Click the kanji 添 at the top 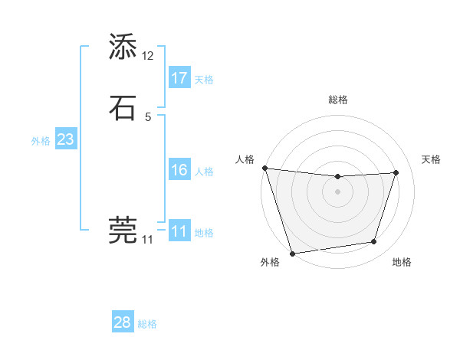click(123, 47)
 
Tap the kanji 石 click(123, 108)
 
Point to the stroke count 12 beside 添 click(148, 55)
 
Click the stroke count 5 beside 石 click(148, 116)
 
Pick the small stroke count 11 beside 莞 click(148, 240)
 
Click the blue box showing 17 click(179, 77)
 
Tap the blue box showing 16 click(179, 170)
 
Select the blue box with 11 click(179, 231)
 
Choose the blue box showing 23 click(65, 139)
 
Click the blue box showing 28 click(123, 322)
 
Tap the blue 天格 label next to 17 click(204, 79)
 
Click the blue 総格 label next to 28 click(147, 324)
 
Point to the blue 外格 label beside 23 click(41, 141)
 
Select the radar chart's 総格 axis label click(338, 100)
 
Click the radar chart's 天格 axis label click(432, 159)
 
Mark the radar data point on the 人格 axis click(264, 168)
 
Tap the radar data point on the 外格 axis click(292, 253)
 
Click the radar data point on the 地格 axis click(374, 242)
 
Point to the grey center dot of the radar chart click(337, 191)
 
